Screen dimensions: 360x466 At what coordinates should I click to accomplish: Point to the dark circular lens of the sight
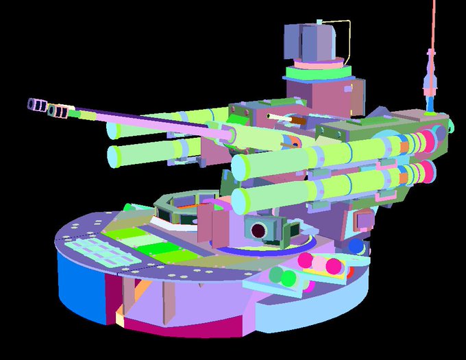click(x=259, y=230)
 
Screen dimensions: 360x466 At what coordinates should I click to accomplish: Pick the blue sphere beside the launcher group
click(x=354, y=246)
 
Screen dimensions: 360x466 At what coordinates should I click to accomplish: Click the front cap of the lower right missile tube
click(x=240, y=200)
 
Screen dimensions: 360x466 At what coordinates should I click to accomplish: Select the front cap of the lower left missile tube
click(x=114, y=156)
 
